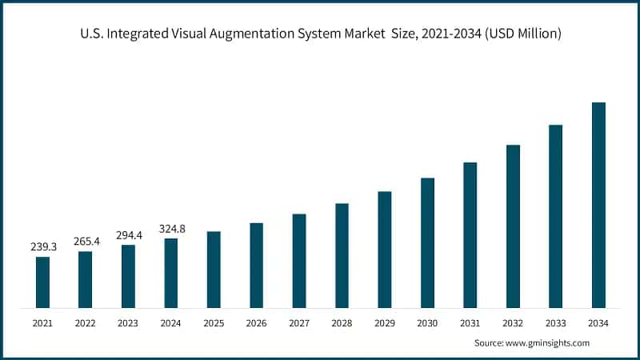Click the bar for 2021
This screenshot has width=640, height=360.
[x=42, y=282]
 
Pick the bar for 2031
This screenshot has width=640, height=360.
[x=470, y=235]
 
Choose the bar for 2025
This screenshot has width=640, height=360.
[x=214, y=270]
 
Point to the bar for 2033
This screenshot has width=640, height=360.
[x=556, y=217]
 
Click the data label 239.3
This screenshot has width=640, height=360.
[x=42, y=247]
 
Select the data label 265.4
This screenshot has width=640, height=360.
[x=85, y=242]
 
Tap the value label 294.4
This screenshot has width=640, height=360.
[x=128, y=235]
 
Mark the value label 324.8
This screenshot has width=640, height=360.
[x=170, y=229]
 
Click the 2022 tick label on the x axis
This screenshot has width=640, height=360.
[x=85, y=323]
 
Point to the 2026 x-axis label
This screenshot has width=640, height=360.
[x=256, y=323]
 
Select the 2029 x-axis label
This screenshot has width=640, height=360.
[x=385, y=323]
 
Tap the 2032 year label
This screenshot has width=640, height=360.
[x=513, y=323]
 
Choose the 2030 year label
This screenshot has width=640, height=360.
[x=427, y=323]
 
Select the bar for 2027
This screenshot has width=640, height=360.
[x=299, y=261]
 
